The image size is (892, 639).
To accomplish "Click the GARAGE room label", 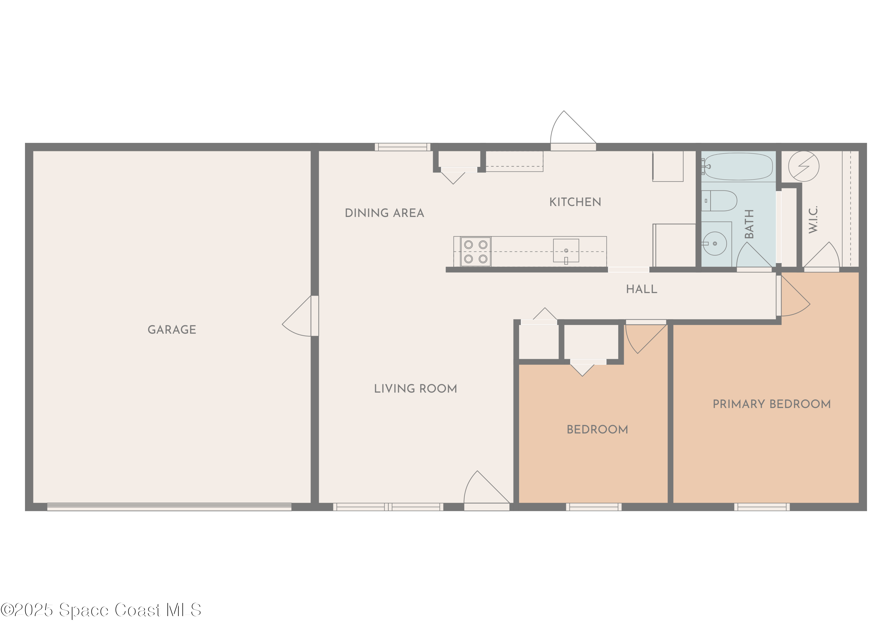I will coord(172,329).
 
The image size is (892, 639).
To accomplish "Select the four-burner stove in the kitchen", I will coord(475,251).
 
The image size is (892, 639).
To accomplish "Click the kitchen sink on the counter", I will coord(566,251).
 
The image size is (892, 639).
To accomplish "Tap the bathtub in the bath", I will coord(738,166).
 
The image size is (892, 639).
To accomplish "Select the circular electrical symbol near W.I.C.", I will coord(804,166).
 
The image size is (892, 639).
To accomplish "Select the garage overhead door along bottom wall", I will coord(169,507).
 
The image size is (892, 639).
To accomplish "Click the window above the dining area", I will coord(402,147).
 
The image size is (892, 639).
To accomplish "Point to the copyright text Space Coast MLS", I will coord(100,610).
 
